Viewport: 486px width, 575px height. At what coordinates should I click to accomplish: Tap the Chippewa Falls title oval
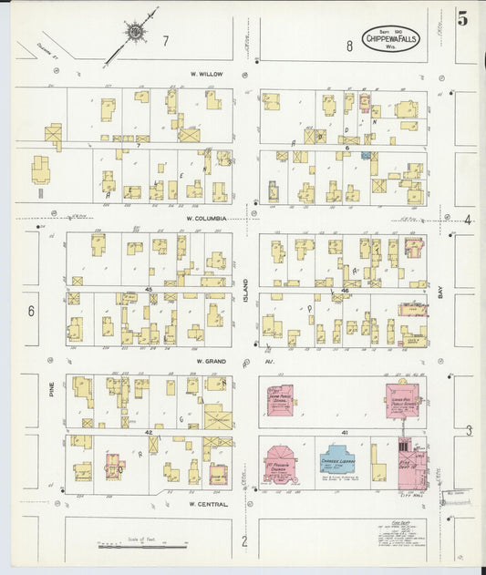pyautogui.click(x=390, y=38)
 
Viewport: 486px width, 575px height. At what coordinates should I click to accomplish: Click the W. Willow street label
pyautogui.click(x=206, y=73)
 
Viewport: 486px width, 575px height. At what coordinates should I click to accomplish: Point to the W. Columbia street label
pyautogui.click(x=205, y=219)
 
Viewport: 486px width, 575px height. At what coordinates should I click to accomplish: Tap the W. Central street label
pyautogui.click(x=206, y=503)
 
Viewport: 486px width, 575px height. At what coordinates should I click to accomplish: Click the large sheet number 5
pyautogui.click(x=463, y=16)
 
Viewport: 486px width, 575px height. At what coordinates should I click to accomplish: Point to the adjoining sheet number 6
pyautogui.click(x=30, y=311)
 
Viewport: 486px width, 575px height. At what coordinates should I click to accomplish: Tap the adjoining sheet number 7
pyautogui.click(x=165, y=41)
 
